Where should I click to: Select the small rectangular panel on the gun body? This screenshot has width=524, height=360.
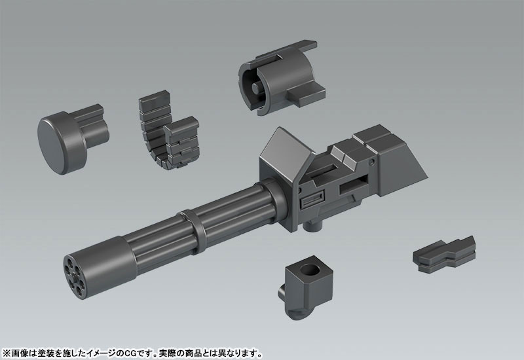coord(310,203)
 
